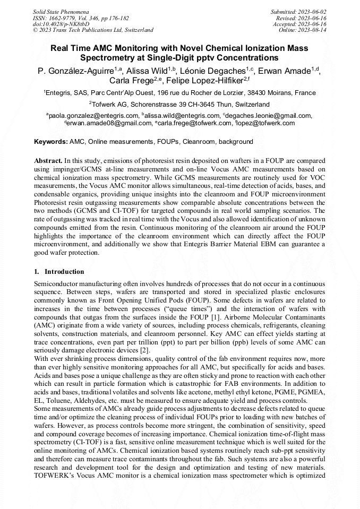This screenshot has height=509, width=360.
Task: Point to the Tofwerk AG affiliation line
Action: click(179, 104)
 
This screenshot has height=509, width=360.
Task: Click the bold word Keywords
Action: click(51, 142)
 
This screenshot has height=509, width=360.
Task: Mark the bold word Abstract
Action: click(48, 160)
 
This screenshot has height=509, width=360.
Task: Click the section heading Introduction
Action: click(64, 271)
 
